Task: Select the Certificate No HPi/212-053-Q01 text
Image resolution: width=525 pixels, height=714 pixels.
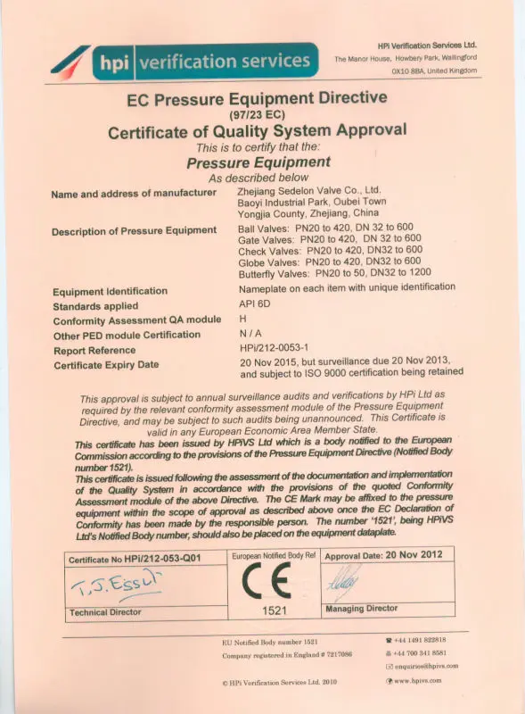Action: (135, 559)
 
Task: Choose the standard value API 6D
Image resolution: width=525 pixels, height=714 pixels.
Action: (254, 304)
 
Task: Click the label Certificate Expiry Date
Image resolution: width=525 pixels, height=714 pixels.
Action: (106, 365)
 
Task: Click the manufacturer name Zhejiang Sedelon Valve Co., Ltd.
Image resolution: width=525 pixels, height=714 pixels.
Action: (309, 190)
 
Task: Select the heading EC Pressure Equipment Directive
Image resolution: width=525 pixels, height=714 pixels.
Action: (256, 100)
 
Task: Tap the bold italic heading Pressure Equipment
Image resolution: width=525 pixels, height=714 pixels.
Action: (258, 162)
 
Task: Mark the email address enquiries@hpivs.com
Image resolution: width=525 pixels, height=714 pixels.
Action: (426, 666)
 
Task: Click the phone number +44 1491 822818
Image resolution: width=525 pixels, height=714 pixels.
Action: (420, 640)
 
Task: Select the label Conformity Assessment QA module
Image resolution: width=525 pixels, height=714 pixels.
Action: (136, 320)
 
